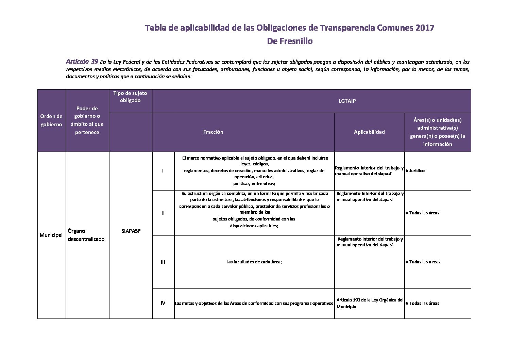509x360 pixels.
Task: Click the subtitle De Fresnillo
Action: (x=290, y=41)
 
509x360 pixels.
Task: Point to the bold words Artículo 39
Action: (x=82, y=62)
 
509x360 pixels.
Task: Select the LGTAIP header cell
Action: (x=311, y=101)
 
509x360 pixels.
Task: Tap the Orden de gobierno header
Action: (x=51, y=120)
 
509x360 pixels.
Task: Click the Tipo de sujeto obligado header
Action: (x=130, y=97)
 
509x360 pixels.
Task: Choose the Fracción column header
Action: (x=213, y=132)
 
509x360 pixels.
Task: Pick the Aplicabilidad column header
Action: (x=369, y=132)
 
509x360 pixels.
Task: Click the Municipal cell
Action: (x=51, y=235)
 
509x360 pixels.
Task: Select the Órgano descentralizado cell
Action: (x=86, y=235)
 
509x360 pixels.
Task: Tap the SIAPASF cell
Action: (x=131, y=231)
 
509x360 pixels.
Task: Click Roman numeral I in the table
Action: (x=163, y=171)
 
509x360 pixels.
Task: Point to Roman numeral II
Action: (x=163, y=213)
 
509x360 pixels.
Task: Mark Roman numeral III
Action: (x=163, y=262)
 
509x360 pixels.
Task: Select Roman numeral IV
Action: (x=163, y=303)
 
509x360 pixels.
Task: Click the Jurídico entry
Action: (x=417, y=171)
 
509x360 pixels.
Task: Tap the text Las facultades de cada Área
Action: (x=254, y=262)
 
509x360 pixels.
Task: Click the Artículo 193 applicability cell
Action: (x=369, y=303)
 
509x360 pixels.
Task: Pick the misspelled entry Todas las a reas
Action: (x=425, y=262)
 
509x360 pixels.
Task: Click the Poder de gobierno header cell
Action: (x=87, y=120)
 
